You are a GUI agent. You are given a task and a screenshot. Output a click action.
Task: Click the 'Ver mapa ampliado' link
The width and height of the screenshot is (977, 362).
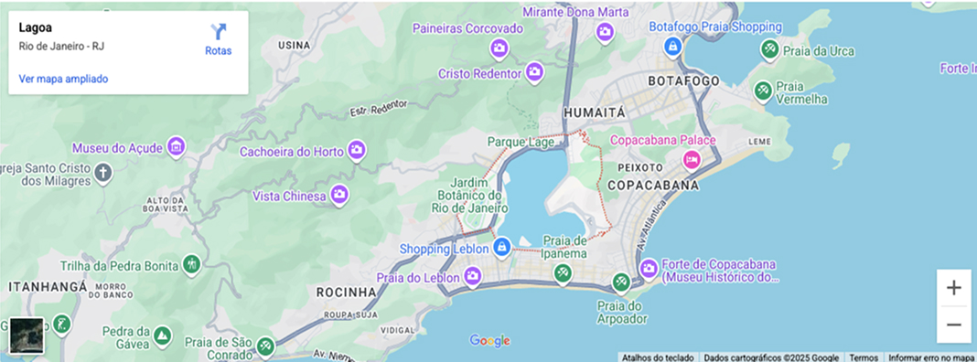[x=63, y=79]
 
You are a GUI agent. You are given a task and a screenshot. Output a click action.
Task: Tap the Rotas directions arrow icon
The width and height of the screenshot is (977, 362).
[x=218, y=32]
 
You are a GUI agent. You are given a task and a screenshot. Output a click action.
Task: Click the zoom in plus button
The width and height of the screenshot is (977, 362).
[x=953, y=288]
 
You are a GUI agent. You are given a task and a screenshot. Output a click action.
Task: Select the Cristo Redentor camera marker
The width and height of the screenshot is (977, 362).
[x=535, y=71]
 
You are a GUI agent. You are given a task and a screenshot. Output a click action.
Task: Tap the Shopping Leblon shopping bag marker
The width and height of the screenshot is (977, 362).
[x=501, y=247]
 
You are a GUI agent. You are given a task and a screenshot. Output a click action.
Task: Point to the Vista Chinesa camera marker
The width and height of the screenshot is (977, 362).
[x=339, y=195]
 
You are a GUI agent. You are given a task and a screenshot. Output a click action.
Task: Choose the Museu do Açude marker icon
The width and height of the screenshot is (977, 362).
[x=176, y=146]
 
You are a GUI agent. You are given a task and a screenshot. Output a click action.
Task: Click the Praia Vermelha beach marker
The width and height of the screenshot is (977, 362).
[x=762, y=90]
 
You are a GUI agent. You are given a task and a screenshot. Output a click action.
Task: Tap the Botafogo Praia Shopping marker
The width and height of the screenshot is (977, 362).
[x=672, y=46]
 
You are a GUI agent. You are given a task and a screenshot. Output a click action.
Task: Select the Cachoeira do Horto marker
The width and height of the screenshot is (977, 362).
[x=357, y=150]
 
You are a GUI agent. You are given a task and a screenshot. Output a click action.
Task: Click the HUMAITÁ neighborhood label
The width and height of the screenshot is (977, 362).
[x=595, y=112]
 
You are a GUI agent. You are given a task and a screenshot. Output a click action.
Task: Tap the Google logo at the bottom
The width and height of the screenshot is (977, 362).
[x=490, y=341]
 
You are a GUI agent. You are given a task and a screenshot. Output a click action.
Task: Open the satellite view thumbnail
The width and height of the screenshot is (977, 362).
[x=27, y=335]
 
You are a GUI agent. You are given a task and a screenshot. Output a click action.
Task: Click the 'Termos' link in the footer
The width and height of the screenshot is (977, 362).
[x=863, y=357]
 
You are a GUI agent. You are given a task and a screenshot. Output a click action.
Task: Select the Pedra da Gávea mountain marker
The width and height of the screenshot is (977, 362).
[x=162, y=335]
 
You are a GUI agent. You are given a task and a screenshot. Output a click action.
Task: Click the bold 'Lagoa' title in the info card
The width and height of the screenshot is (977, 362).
[x=35, y=27]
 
